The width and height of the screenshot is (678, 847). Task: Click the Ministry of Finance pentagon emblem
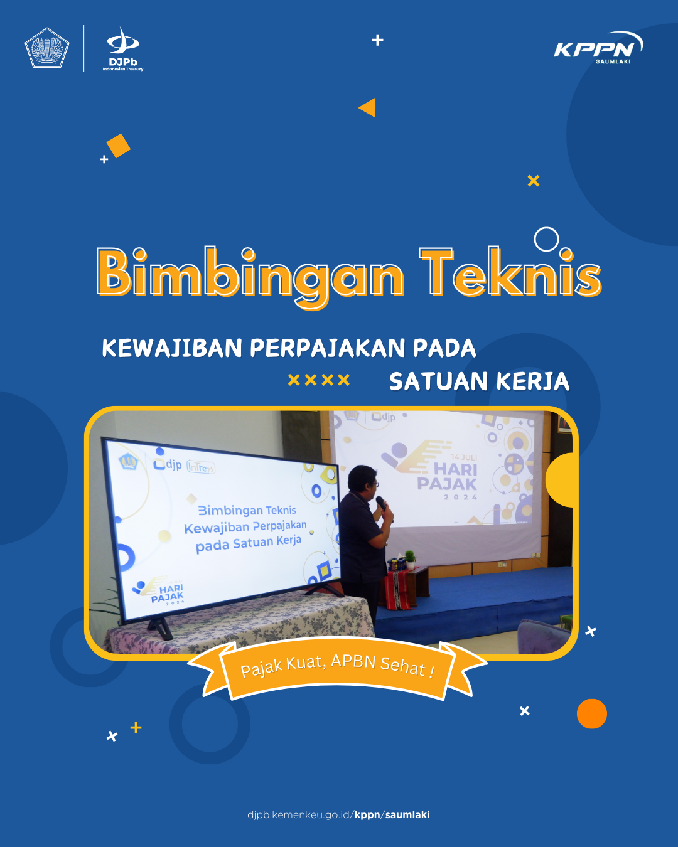47,48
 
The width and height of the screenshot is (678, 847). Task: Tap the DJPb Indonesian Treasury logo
123,49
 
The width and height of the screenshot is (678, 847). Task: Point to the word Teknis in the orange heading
510,272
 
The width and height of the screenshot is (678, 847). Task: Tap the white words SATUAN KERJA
480,381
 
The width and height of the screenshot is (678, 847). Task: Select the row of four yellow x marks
319,380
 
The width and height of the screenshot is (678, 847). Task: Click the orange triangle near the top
367,107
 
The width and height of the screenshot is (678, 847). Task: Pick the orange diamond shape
118,146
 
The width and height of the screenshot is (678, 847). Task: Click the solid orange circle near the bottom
592,713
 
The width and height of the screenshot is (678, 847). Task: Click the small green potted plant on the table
411,559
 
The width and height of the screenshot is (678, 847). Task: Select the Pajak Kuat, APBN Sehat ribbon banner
337,668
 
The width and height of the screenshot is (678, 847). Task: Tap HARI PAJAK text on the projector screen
447,477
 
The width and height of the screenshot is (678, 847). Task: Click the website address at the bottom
338,814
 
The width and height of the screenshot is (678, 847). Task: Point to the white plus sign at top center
377,40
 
